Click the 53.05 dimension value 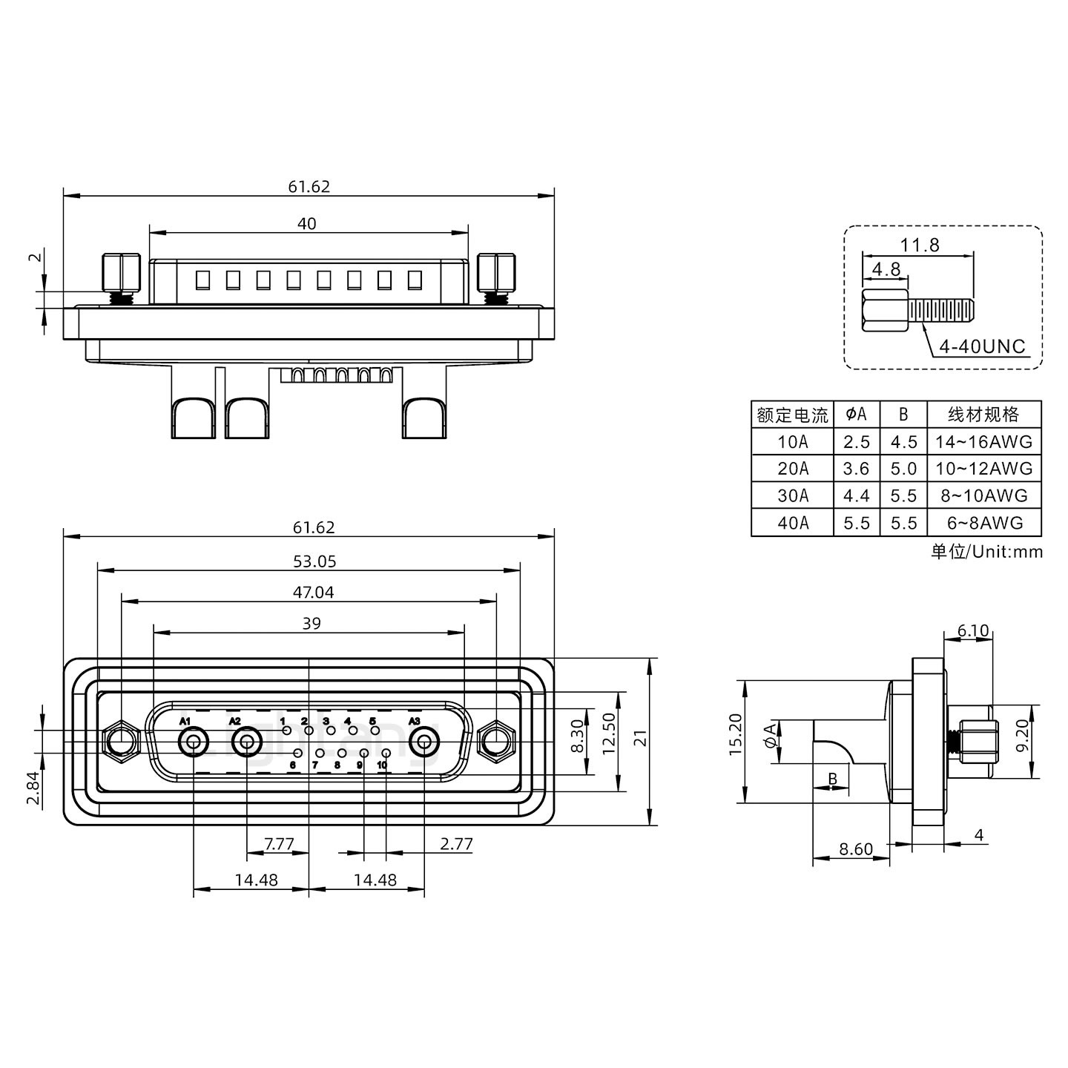(x=314, y=561)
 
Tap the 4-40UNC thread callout (x=982, y=346)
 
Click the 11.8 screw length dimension (x=920, y=245)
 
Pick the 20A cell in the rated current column (x=793, y=469)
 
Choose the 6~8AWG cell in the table (x=984, y=523)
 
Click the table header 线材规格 (x=984, y=415)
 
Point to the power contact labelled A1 (x=194, y=742)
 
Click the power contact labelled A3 (x=424, y=742)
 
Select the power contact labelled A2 (x=246, y=742)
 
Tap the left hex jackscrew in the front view (x=120, y=741)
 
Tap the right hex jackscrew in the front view (x=496, y=741)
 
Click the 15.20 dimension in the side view (x=735, y=734)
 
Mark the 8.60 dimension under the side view (x=855, y=849)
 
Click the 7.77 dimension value (x=279, y=844)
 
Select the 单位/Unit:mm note (x=986, y=552)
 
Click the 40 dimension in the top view (x=306, y=223)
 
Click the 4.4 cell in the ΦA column (x=856, y=495)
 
